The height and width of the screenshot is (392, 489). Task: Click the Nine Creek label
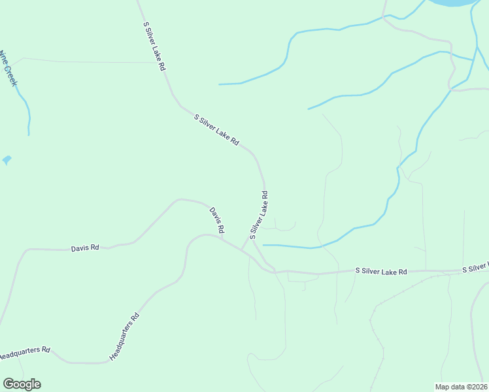[8, 68]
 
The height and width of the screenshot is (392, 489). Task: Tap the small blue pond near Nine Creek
[7, 159]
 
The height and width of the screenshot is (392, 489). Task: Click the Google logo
[22, 384]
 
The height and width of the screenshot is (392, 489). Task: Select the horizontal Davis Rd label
[85, 248]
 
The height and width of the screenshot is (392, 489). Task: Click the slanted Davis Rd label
[217, 220]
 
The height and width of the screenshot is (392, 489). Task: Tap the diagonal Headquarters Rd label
[125, 337]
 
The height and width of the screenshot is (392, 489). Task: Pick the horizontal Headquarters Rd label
[24, 353]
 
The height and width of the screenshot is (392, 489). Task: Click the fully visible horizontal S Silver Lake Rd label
[381, 270]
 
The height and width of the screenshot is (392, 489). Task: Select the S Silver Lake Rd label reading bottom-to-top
[259, 214]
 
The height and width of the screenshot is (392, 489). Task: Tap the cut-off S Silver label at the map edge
[475, 268]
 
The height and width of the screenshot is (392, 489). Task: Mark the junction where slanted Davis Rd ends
[222, 238]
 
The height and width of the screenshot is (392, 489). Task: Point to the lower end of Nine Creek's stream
[29, 135]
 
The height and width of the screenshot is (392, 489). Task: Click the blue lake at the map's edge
[451, 3]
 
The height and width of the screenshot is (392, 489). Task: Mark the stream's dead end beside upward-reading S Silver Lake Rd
[263, 245]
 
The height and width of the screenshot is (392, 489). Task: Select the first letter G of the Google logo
[8, 384]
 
